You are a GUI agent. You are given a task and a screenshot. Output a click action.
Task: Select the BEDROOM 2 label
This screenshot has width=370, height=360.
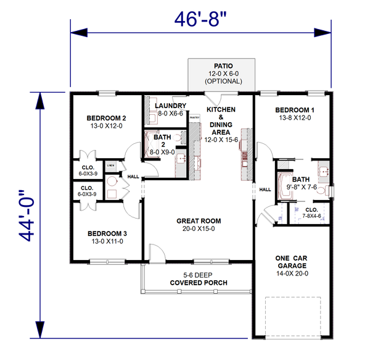106,118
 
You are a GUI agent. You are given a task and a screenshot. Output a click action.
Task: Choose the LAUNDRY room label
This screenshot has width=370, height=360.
167,105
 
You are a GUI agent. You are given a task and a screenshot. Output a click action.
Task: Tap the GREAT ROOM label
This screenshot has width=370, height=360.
199,220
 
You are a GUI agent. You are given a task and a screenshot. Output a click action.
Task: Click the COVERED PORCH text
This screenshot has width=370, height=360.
199,283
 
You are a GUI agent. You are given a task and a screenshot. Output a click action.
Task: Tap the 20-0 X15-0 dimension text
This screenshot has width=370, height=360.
199,228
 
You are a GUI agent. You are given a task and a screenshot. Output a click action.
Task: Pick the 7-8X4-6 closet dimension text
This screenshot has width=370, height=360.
311,217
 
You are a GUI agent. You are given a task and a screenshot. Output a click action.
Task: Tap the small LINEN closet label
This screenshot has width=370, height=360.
111,165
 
